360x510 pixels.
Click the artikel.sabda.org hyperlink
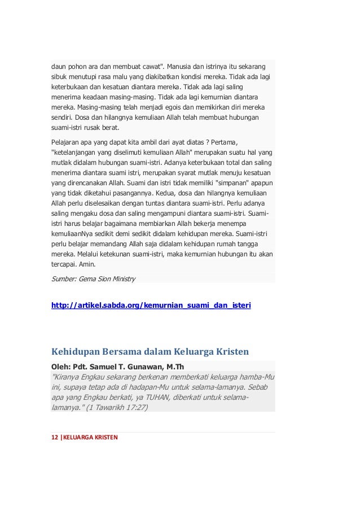(x=151, y=306)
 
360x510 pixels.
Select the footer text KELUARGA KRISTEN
(x=91, y=436)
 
